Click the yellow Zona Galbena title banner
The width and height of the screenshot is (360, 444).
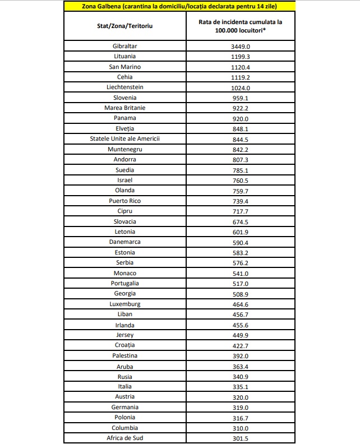(180, 6)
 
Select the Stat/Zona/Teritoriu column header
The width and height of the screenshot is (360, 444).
(125, 26)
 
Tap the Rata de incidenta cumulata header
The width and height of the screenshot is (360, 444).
(240, 26)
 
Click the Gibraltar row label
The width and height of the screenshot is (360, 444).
(125, 46)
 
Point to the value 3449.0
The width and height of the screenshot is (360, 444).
(240, 46)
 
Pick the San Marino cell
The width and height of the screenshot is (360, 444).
(125, 67)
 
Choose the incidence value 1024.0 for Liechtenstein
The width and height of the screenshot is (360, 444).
(240, 87)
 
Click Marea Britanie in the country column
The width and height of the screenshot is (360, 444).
(125, 108)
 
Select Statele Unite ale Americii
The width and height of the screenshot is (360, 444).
(125, 138)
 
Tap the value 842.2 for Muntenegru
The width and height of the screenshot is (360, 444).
(240, 149)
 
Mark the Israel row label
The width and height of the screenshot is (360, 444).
(125, 180)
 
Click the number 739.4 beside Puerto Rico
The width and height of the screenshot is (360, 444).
(240, 201)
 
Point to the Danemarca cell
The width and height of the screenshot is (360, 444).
(125, 242)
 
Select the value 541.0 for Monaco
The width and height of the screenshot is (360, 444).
(240, 273)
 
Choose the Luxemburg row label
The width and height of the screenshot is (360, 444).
(125, 304)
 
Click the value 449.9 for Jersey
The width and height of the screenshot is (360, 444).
(240, 335)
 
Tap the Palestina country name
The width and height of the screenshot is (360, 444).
(125, 355)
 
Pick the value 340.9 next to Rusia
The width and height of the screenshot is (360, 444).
(240, 376)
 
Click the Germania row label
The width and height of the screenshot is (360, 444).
(125, 407)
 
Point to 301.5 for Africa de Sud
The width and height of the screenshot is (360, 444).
(240, 438)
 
